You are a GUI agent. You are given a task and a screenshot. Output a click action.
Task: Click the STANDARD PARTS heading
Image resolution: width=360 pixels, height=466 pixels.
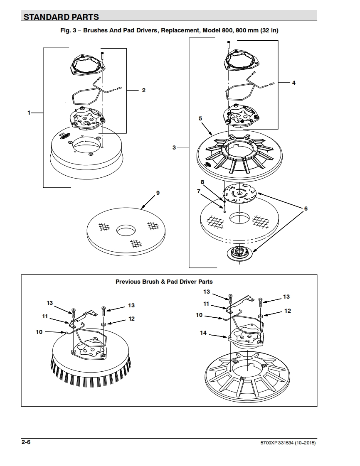61,17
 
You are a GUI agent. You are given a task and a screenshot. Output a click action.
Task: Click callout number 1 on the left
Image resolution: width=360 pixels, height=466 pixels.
29,113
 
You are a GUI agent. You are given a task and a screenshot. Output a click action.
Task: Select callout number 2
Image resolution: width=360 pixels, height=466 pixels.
144,90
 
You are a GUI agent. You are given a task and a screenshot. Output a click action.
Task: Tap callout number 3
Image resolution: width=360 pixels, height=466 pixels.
174,147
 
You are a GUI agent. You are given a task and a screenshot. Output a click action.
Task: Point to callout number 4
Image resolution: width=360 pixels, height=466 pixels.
293,83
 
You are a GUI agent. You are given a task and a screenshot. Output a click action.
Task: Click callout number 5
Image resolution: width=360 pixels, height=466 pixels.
200,118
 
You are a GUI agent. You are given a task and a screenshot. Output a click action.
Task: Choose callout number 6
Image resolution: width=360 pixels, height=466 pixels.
306,208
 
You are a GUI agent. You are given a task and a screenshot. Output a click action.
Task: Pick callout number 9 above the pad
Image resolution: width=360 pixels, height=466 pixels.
158,193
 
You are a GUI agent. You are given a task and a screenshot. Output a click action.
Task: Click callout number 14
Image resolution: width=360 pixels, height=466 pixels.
203,333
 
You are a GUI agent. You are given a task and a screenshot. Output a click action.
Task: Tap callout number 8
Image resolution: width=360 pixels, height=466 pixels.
202,182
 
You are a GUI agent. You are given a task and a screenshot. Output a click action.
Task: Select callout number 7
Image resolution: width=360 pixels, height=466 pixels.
198,191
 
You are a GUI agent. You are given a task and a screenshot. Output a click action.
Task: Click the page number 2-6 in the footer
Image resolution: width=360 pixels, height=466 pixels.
26,442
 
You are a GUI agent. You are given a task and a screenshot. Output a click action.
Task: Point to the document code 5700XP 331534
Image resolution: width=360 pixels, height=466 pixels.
277,443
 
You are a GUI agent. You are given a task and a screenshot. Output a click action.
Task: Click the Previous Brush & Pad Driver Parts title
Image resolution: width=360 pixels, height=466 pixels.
164,282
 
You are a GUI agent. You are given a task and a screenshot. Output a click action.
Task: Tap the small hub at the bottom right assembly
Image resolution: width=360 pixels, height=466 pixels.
239,253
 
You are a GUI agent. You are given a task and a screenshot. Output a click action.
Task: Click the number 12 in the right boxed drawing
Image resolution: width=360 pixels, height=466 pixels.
287,311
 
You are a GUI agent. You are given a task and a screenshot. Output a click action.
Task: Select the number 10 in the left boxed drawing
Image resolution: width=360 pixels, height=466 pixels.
39,332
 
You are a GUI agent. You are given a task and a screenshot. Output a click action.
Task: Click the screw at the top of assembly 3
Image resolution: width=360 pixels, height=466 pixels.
228,45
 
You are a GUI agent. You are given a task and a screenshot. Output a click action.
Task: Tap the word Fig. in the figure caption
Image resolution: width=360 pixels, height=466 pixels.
65,30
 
